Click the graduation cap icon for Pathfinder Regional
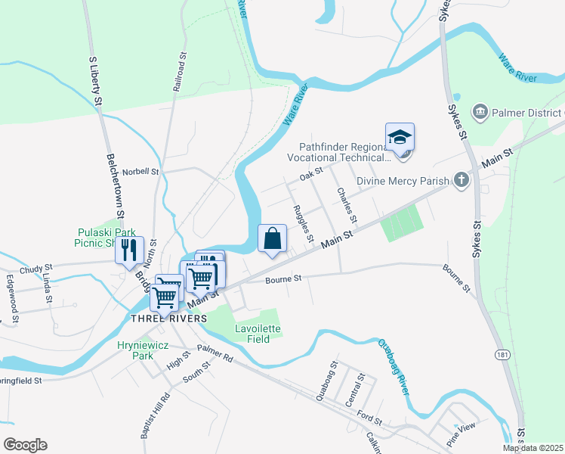pyautogui.click(x=400, y=138)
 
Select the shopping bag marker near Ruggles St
pyautogui.click(x=272, y=238)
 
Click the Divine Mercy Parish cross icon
pyautogui.click(x=460, y=181)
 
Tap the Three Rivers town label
pyautogui.click(x=168, y=319)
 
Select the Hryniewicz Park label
pyautogui.click(x=136, y=349)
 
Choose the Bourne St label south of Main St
pyautogui.click(x=283, y=279)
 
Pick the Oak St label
pyautogui.click(x=310, y=175)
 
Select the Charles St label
pyautogui.click(x=347, y=204)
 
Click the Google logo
pyautogui.click(x=25, y=445)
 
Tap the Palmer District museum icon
pyautogui.click(x=480, y=113)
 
